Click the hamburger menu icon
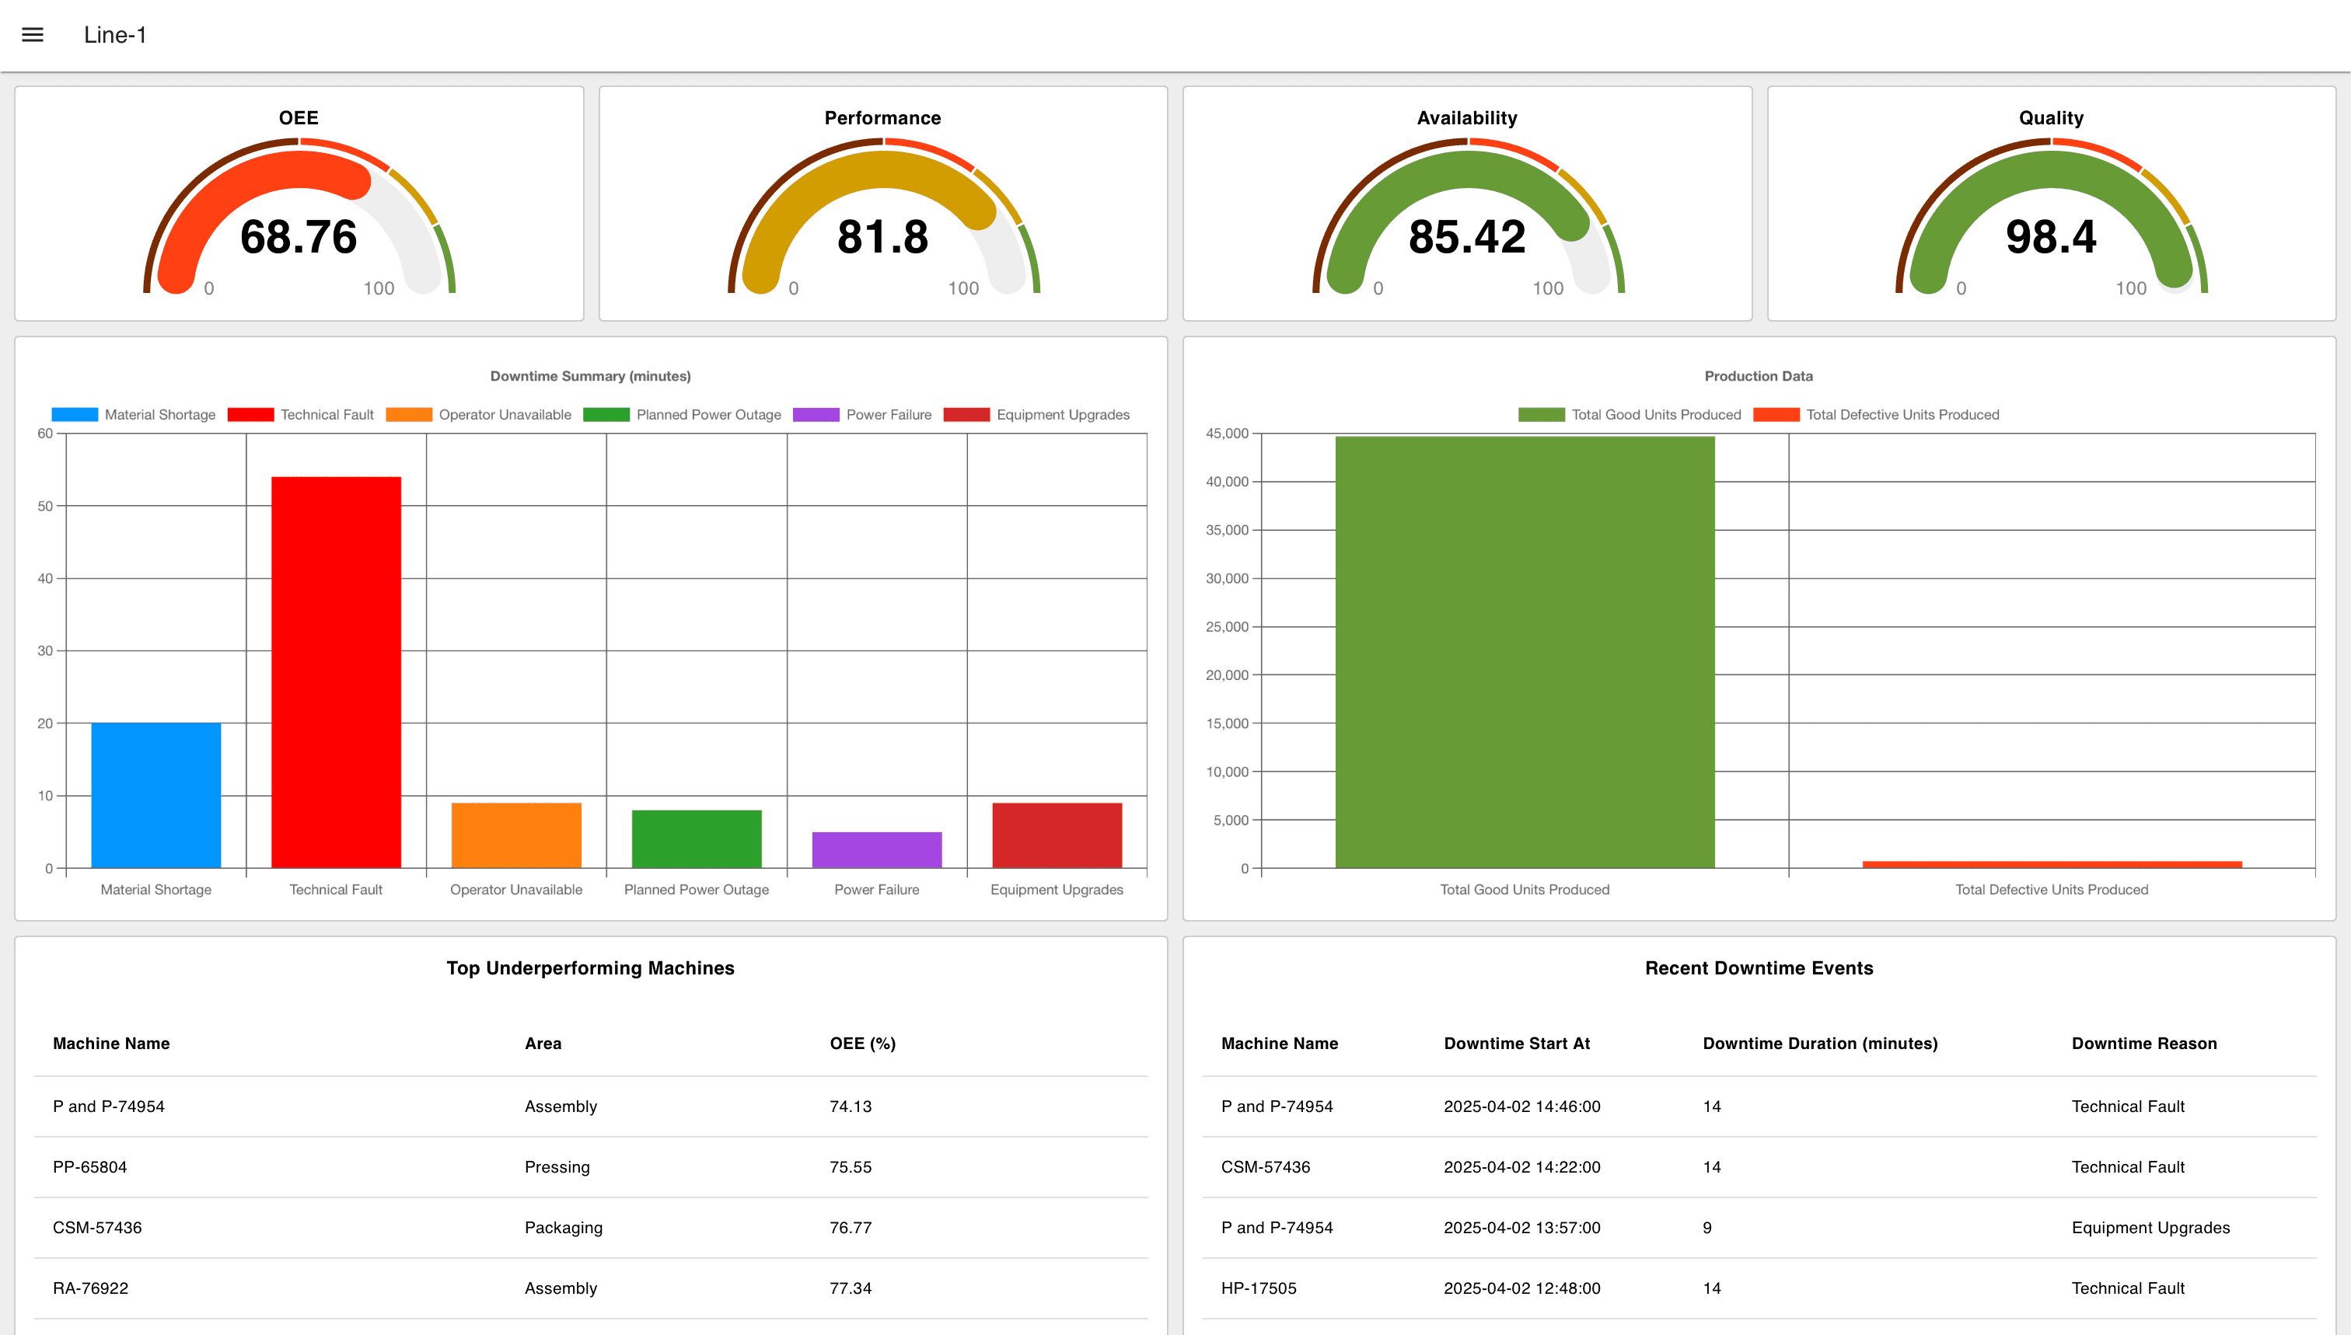33,35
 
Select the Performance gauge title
882,117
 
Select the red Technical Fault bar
336,671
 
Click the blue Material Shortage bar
156,795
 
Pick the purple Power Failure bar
876,849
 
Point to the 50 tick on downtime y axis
45,506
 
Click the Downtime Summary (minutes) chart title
590,376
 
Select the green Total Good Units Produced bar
1524,652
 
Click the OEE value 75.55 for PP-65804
851,1167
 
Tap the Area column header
543,1044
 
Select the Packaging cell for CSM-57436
563,1228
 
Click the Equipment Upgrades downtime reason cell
2150,1228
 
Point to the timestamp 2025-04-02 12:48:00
1521,1288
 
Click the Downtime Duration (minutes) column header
1820,1044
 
